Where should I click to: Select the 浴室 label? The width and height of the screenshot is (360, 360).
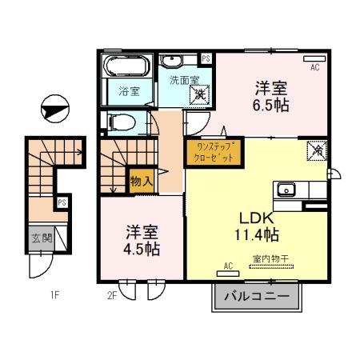(x=128, y=90)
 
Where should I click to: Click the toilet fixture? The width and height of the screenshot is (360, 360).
(x=122, y=122)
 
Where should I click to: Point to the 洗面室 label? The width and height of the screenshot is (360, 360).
(x=179, y=80)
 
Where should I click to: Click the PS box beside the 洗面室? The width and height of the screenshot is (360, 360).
(x=206, y=58)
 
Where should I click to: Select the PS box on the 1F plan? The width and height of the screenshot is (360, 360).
(x=62, y=202)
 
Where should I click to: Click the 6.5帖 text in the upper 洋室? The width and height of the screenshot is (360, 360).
(x=271, y=105)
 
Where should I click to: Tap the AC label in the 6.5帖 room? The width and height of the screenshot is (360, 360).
(x=314, y=67)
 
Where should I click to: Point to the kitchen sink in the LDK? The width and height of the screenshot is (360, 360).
(x=286, y=190)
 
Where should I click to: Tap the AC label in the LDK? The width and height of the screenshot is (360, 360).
(x=228, y=265)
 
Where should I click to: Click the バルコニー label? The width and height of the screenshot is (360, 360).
(x=255, y=296)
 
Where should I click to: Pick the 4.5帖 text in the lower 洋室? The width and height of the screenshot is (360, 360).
(x=142, y=249)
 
